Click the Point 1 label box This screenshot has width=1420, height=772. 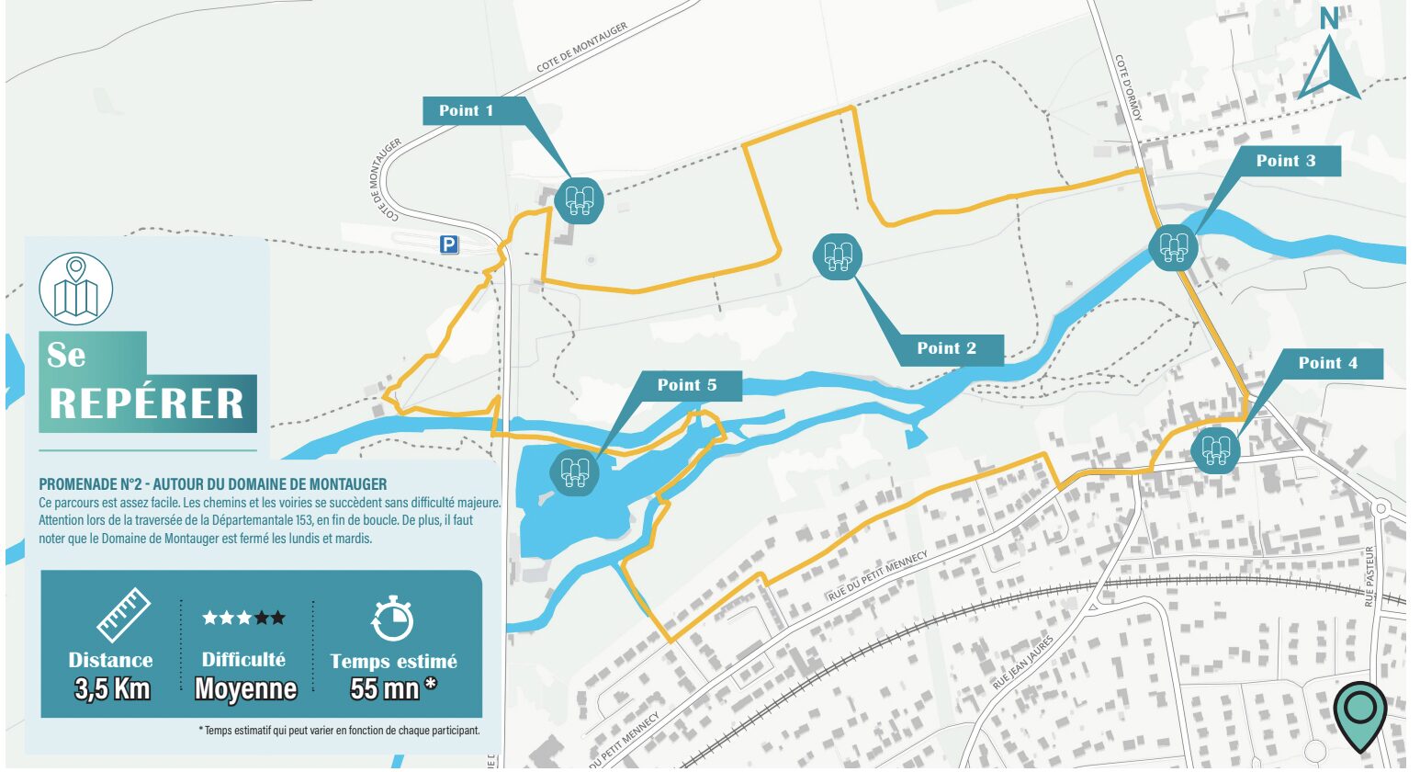click(467, 111)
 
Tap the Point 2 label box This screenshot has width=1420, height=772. click(947, 348)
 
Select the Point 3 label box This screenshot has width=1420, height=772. click(1286, 161)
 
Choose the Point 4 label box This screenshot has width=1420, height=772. click(1327, 363)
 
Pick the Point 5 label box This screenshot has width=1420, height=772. click(687, 385)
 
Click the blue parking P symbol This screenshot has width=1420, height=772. click(448, 244)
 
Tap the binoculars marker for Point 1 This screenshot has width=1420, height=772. click(579, 199)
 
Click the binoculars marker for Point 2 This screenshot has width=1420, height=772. click(837, 256)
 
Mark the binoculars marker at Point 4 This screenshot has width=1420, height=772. click(1215, 450)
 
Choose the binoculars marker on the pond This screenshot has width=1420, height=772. click(574, 472)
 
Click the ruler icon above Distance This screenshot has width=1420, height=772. click(123, 615)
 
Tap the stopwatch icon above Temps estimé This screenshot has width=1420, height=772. click(392, 619)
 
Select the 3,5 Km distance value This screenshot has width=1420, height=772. click(112, 688)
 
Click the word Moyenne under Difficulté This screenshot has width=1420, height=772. click(245, 688)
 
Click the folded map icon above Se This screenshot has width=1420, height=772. click(76, 289)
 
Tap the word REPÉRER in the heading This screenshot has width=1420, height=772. click(147, 403)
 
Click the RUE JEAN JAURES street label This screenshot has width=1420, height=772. click(1022, 663)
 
